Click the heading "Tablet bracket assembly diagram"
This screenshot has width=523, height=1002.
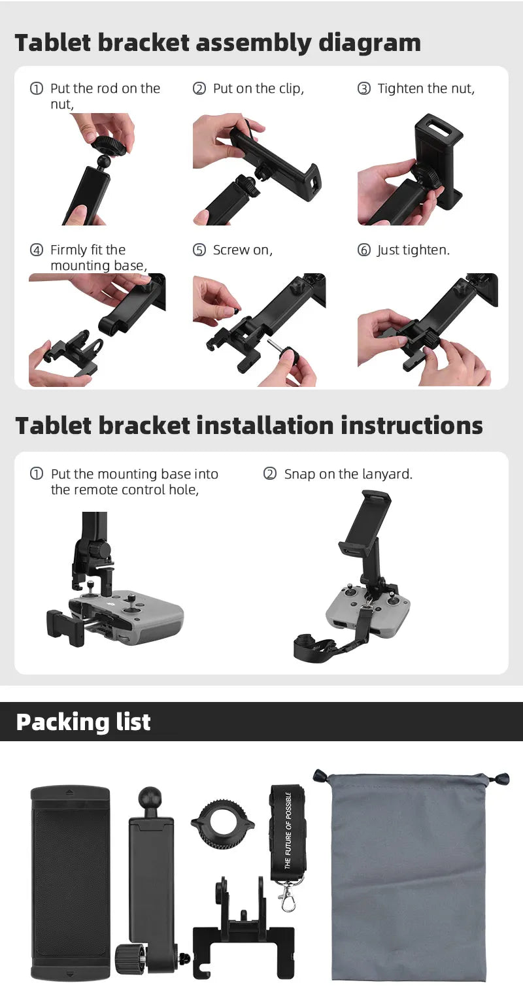tap(218, 43)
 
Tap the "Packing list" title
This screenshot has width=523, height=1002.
tap(83, 722)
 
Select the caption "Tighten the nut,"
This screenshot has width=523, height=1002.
tap(426, 89)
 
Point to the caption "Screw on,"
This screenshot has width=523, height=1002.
tap(243, 250)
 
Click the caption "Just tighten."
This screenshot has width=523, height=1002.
tap(413, 250)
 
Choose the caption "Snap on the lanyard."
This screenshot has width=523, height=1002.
tap(348, 475)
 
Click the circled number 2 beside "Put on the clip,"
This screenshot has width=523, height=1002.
tap(199, 89)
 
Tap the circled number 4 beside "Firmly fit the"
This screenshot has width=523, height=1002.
tap(37, 250)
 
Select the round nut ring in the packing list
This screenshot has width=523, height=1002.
tap(222, 824)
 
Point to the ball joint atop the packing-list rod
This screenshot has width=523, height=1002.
tap(150, 799)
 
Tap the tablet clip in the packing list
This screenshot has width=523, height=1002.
tap(70, 882)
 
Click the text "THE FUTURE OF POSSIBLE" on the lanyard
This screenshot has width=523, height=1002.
tap(288, 830)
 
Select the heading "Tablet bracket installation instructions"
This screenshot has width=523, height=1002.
tap(249, 426)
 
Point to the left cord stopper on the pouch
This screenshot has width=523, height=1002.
tap(320, 776)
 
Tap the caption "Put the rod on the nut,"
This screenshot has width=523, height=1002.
tap(105, 95)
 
